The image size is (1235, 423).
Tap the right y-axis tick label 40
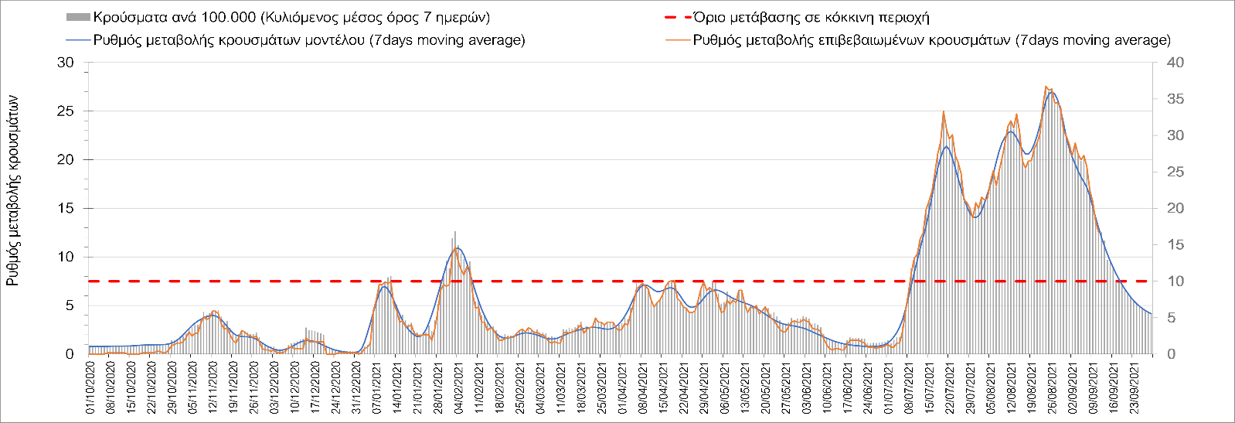(x=1175, y=63)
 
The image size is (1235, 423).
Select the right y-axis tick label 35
(x=1175, y=99)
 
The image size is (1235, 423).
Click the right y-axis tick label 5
(x=1171, y=318)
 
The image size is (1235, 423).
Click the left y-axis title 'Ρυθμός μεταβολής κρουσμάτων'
(x=13, y=190)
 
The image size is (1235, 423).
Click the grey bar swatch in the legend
(x=79, y=17)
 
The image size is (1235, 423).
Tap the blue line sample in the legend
(x=79, y=40)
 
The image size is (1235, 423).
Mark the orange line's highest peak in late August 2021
(x=1046, y=87)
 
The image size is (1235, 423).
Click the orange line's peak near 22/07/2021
(x=944, y=112)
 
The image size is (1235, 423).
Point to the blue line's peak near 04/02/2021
(x=458, y=247)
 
